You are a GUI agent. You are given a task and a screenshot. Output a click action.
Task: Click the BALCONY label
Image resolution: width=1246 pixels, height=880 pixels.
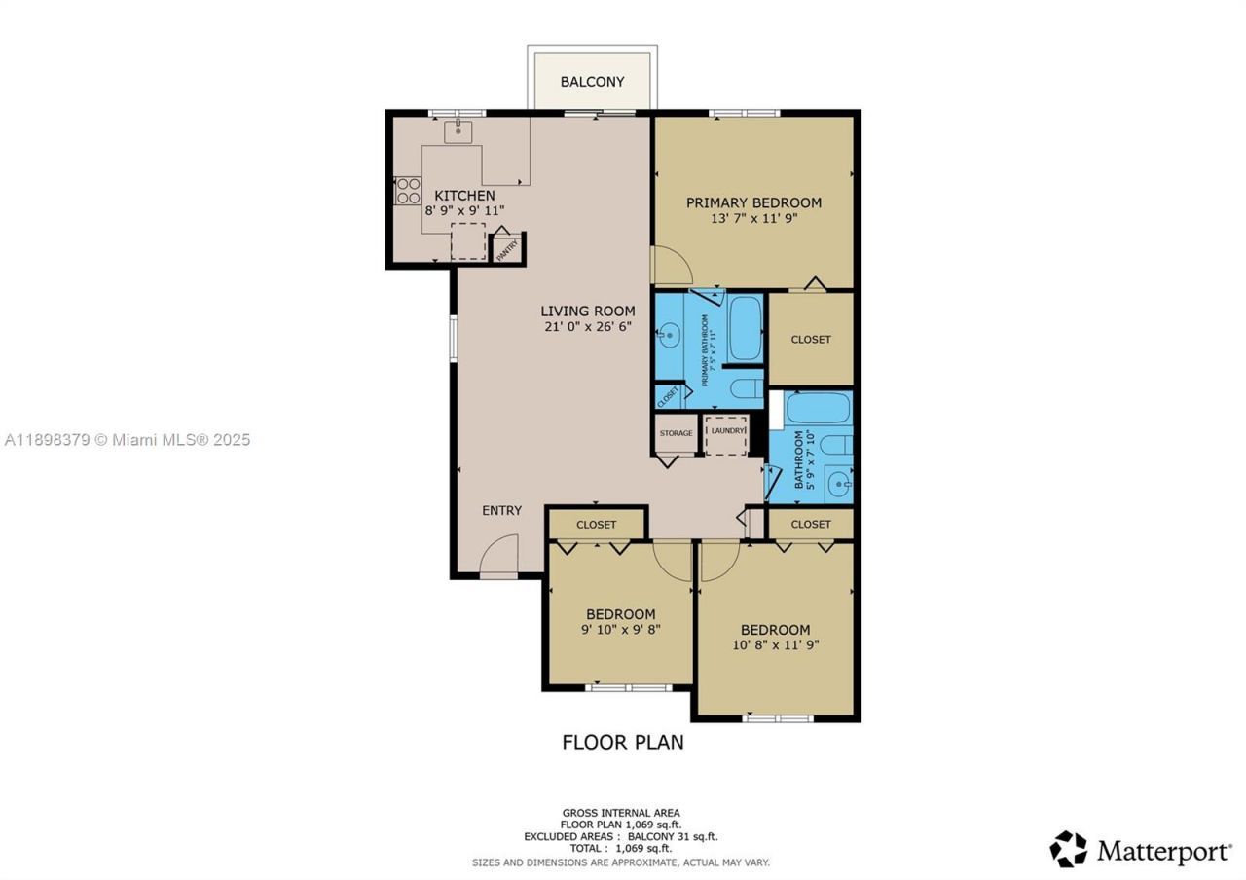click(592, 82)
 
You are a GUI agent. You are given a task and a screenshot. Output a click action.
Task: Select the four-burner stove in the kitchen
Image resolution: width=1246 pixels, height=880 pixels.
click(408, 190)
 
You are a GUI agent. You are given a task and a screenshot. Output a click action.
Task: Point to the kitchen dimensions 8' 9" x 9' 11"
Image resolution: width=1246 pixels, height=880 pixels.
click(464, 210)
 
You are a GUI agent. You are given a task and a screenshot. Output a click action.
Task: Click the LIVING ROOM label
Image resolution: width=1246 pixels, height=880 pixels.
click(588, 312)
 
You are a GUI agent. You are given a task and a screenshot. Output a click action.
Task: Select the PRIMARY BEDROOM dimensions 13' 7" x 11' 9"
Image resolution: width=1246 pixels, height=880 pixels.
click(753, 219)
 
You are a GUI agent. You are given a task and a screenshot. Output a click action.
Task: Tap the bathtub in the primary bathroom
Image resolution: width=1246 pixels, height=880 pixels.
click(745, 329)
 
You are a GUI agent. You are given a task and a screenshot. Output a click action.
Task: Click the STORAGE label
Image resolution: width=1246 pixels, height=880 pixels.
click(676, 433)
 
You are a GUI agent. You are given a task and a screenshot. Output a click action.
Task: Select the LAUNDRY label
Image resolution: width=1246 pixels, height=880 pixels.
click(726, 430)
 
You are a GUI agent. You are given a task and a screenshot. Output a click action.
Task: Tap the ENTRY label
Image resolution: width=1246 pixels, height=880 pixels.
click(501, 510)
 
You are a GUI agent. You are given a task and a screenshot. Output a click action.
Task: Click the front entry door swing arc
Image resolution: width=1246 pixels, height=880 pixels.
click(501, 555)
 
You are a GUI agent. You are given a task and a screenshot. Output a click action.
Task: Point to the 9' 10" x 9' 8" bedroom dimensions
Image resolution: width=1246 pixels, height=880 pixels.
click(620, 630)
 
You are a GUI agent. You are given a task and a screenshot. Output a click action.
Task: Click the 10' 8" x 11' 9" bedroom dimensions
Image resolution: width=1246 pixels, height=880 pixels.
click(775, 644)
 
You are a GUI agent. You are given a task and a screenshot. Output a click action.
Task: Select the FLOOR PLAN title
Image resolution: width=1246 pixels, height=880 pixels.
click(623, 742)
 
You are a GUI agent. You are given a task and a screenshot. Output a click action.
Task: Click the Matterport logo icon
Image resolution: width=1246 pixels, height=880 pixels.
click(1068, 849)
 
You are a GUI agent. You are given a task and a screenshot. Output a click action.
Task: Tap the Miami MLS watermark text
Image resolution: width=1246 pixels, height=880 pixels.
click(127, 440)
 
